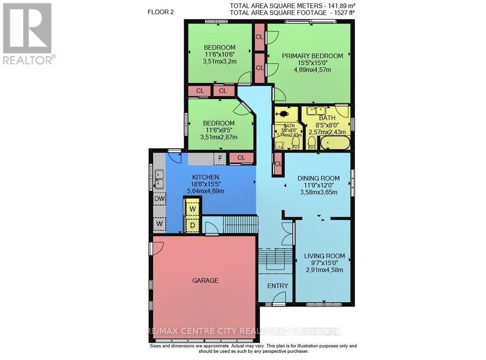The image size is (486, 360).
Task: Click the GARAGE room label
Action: tap(205, 280)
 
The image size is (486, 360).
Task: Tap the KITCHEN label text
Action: tap(205, 177)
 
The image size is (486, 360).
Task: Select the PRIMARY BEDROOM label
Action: tap(312, 56)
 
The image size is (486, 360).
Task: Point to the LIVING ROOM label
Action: tap(324, 256)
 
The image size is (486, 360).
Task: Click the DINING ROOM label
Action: tap(325, 178)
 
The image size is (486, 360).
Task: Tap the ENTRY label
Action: tap(278, 286)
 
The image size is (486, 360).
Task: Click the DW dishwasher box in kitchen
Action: tap(159, 199)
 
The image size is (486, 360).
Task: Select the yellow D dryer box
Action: tap(192, 225)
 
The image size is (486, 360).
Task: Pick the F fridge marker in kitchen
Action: tap(220, 158)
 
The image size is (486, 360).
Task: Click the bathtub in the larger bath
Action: tap(333, 143)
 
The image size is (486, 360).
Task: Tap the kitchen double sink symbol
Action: tap(159, 178)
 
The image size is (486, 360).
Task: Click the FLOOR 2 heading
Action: tap(161, 13)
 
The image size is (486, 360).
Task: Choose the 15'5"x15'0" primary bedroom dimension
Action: tap(312, 63)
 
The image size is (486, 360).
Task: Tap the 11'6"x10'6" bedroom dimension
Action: tap(219, 55)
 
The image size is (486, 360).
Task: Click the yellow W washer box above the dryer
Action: tap(192, 209)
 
